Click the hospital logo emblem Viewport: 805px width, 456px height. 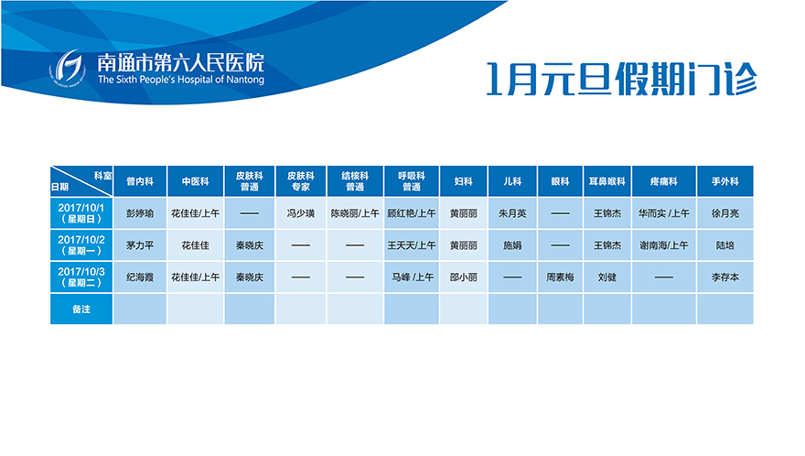click(x=69, y=69)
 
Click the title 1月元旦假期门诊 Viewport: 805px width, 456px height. click(x=622, y=79)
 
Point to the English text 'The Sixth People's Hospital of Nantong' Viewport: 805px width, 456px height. click(x=181, y=80)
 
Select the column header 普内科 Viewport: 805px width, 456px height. click(x=140, y=181)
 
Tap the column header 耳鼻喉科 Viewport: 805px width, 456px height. click(x=606, y=181)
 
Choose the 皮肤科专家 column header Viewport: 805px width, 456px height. click(x=300, y=181)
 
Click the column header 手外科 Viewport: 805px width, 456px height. click(x=724, y=181)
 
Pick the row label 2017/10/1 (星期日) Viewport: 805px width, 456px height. click(x=81, y=213)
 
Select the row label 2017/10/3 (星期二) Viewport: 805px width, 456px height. click(x=81, y=277)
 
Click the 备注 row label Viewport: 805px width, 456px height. click(x=81, y=309)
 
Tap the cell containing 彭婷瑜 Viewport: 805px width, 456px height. click(x=140, y=213)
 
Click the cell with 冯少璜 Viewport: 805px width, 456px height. click(x=300, y=213)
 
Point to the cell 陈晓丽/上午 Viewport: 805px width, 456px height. click(x=355, y=213)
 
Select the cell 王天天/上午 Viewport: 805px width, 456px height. click(x=412, y=245)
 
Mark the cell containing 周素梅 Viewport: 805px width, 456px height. click(x=560, y=277)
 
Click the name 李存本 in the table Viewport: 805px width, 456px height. click(x=724, y=277)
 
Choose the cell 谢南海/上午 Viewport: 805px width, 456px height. click(x=663, y=245)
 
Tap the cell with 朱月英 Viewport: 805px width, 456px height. click(x=512, y=213)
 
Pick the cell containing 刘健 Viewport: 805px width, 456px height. click(x=606, y=277)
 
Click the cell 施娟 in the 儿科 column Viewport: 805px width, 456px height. click(x=512, y=245)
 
